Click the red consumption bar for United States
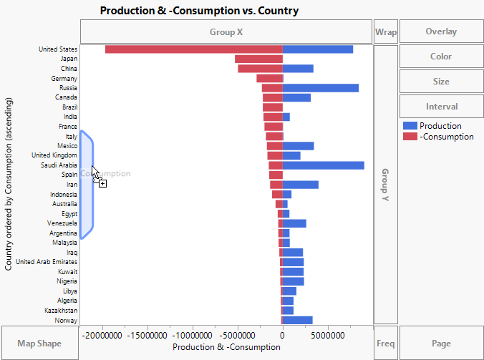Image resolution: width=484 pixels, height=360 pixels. [193, 49]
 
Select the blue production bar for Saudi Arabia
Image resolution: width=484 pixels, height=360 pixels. [324, 165]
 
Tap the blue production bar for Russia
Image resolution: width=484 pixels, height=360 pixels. [321, 88]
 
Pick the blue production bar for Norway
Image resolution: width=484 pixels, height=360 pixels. [298, 320]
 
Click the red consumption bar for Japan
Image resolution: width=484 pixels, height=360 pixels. [258, 59]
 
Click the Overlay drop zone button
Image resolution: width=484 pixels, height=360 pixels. [440, 31]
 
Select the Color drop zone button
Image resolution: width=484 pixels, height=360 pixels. [440, 57]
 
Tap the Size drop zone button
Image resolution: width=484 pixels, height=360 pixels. [440, 82]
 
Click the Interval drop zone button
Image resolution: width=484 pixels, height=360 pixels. [440, 107]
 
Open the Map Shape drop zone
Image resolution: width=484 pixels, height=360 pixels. [39, 344]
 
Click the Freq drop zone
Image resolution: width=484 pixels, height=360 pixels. [385, 344]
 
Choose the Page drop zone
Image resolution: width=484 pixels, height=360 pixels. [440, 344]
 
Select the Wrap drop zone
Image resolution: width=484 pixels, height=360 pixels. [385, 31]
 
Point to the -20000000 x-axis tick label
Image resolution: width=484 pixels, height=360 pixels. [105, 335]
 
